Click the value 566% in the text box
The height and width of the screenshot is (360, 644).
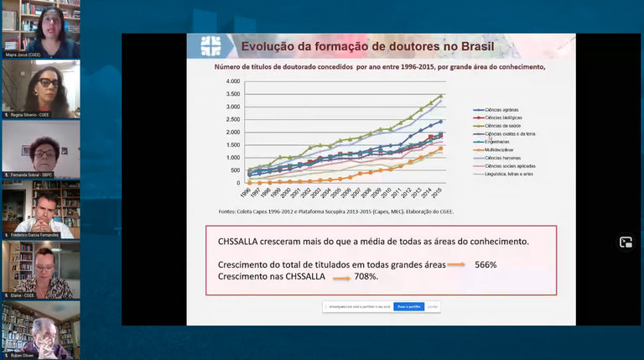click(x=486, y=265)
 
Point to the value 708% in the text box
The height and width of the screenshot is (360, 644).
click(x=366, y=276)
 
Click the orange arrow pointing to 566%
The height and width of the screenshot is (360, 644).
click(x=456, y=265)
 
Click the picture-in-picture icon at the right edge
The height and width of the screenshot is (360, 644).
click(x=625, y=242)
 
